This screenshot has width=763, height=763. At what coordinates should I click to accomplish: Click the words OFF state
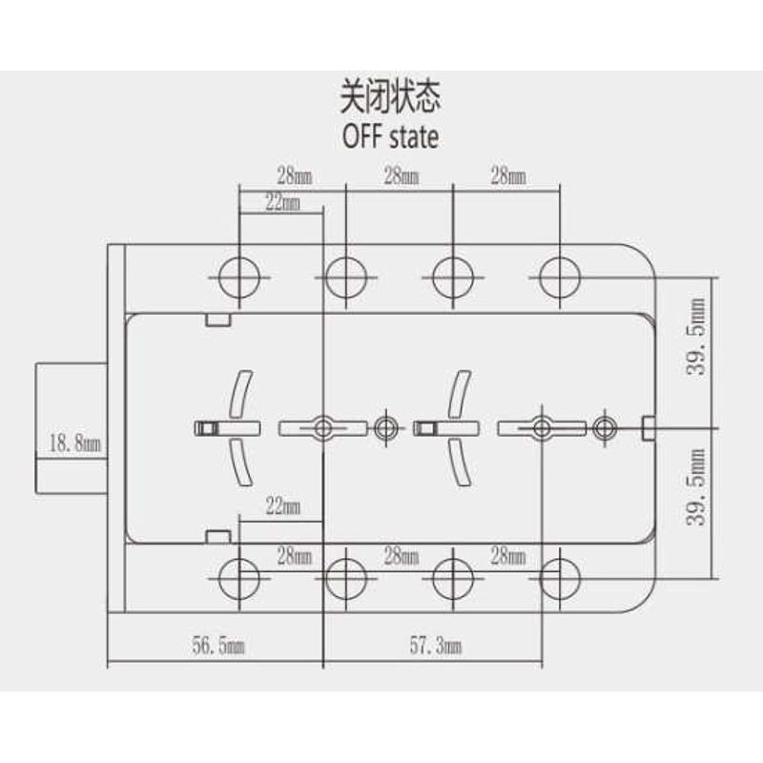[x=390, y=136]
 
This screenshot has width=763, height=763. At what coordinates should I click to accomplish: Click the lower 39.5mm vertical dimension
[x=698, y=487]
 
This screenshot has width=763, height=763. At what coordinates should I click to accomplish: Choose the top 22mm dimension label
[x=282, y=202]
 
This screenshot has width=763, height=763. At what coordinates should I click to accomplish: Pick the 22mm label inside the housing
[x=282, y=506]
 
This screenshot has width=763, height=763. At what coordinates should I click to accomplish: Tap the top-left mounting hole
[x=239, y=278]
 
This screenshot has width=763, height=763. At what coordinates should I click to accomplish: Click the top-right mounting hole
[x=560, y=278]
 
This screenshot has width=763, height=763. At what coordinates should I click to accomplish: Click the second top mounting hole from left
[x=346, y=278]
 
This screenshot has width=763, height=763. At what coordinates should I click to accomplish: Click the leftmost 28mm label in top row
[x=294, y=176]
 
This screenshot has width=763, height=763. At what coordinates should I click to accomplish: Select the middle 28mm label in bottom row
[x=401, y=555]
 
